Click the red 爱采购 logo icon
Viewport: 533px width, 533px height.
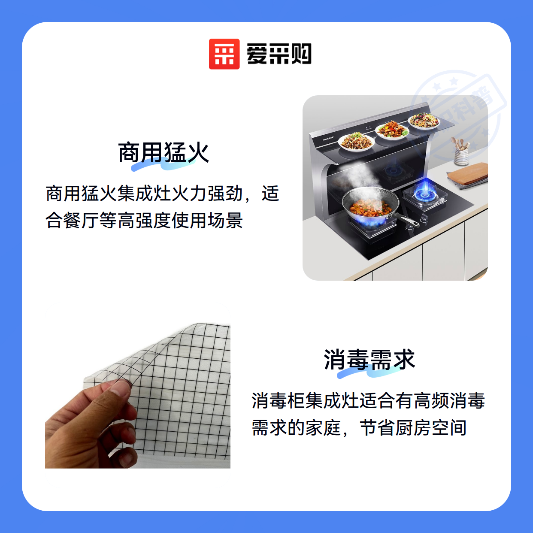pyautogui.click(x=224, y=54)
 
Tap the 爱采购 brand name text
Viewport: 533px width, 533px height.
pyautogui.click(x=279, y=54)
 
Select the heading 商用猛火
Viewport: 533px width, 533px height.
pyautogui.click(x=163, y=152)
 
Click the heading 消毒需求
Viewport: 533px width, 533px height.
pyautogui.click(x=369, y=359)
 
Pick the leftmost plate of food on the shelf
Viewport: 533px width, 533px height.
pyautogui.click(x=357, y=142)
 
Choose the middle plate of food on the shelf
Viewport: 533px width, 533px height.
pyautogui.click(x=392, y=130)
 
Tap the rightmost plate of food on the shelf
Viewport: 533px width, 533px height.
pyautogui.click(x=424, y=121)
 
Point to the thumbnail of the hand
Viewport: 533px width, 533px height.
pyautogui.click(x=138, y=396)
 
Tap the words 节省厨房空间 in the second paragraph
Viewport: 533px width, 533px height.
pyautogui.click(x=414, y=428)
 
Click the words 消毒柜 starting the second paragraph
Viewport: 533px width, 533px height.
pyautogui.click(x=278, y=400)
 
